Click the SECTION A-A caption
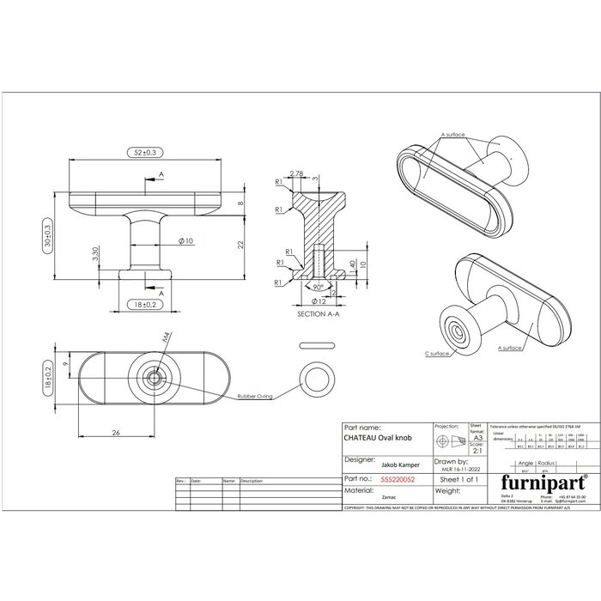tap(317, 315)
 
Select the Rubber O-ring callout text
tap(254, 396)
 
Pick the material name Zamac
tap(364, 497)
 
